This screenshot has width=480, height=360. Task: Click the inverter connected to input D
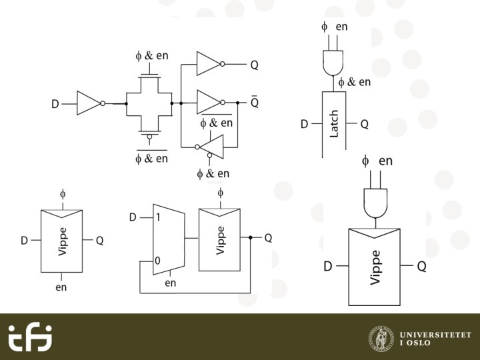tap(88, 103)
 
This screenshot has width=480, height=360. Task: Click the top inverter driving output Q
tap(208, 65)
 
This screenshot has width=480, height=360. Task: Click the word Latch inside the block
tap(335, 125)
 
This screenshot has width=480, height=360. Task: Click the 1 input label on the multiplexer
tap(158, 217)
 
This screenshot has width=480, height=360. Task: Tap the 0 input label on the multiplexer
tap(157, 261)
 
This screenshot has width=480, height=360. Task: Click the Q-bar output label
tap(255, 103)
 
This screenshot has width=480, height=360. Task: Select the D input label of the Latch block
tap(304, 124)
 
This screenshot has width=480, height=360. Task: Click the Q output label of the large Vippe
tap(421, 267)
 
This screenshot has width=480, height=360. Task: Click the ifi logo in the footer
tap(30, 338)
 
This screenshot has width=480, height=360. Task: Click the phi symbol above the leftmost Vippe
tap(63, 194)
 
